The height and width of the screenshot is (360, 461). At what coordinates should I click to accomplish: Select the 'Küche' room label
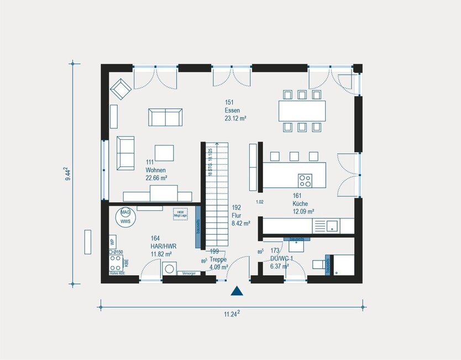pos(301,204)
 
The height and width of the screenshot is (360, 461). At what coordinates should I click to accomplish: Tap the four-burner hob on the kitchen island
pos(305,180)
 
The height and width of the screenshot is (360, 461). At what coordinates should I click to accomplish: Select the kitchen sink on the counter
pos(332,225)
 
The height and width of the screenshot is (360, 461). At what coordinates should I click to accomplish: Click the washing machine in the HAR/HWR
pos(170,269)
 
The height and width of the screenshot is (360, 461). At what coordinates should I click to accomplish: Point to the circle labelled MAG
pos(125,212)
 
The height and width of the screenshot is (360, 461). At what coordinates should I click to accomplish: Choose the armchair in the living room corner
pos(121,88)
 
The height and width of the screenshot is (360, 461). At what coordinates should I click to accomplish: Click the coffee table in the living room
pos(164,152)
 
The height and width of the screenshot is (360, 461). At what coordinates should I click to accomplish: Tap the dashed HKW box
pos(180,214)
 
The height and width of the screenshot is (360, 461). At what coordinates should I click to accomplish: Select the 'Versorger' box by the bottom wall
pos(188,273)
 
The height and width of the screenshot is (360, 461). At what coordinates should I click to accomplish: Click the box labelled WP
pos(112,242)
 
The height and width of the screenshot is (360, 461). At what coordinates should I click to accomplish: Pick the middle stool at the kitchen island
pos(294,156)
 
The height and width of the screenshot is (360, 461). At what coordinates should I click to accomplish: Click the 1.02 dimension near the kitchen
pos(260,202)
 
